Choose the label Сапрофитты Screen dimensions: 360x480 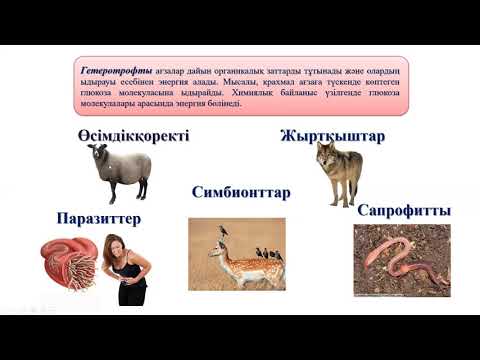[403, 210]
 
